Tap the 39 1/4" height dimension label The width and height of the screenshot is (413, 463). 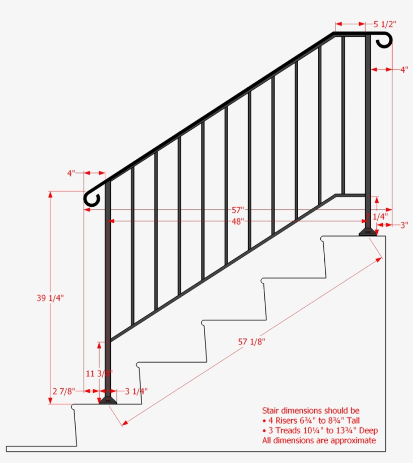pyautogui.click(x=50, y=298)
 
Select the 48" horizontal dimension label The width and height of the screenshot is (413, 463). pyautogui.click(x=238, y=221)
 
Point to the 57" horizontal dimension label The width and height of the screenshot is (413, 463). pyautogui.click(x=238, y=209)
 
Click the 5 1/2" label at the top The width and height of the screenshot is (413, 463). pyautogui.click(x=385, y=24)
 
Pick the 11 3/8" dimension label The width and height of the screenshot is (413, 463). pyautogui.click(x=99, y=374)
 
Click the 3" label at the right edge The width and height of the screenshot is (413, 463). pyautogui.click(x=404, y=225)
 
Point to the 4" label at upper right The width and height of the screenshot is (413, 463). pyautogui.click(x=404, y=70)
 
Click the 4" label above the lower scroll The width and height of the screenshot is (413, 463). pyautogui.click(x=71, y=173)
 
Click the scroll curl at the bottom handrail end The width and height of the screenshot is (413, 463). pyautogui.click(x=92, y=198)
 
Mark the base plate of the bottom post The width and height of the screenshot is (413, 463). pyautogui.click(x=107, y=400)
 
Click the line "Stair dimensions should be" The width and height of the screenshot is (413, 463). pyautogui.click(x=311, y=411)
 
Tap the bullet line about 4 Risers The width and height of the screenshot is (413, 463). pyautogui.click(x=311, y=421)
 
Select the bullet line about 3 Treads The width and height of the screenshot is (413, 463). pyautogui.click(x=320, y=431)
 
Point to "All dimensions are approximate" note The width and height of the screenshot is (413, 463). pyautogui.click(x=319, y=440)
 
